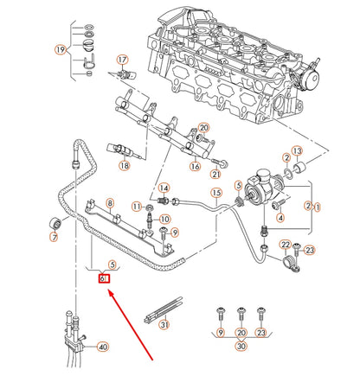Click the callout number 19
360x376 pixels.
click(60, 50)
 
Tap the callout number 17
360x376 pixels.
click(122, 60)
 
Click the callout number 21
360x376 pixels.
click(216, 174)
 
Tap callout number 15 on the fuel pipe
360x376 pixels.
click(216, 192)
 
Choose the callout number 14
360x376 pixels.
click(164, 190)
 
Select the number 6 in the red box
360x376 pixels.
click(103, 277)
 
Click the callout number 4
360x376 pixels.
click(280, 218)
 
